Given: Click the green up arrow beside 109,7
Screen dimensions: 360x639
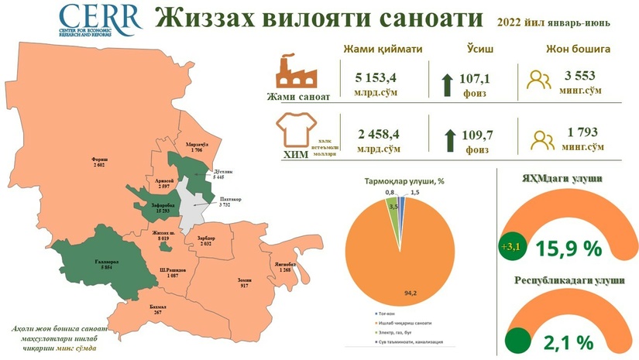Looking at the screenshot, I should (450, 140).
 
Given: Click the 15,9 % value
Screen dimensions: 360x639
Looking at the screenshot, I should (569, 248).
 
